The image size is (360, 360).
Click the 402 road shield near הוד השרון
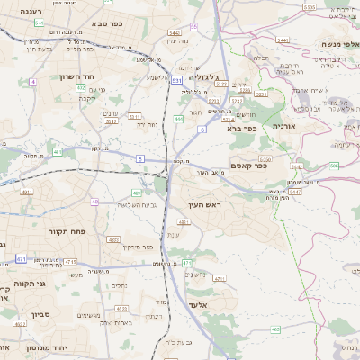click(x=81, y=88)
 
